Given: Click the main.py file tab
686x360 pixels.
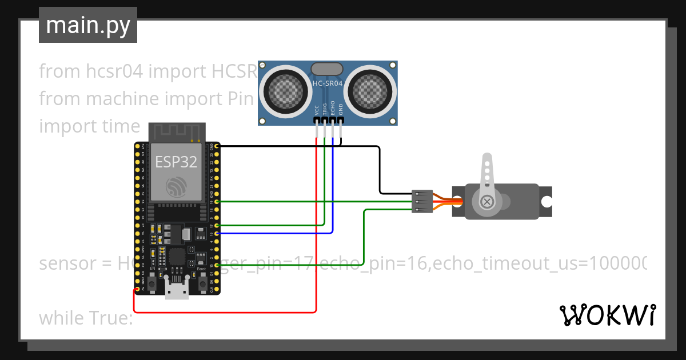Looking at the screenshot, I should coord(87,25).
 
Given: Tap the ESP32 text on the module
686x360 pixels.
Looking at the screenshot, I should coord(176,162).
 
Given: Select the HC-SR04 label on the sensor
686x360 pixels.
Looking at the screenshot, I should coord(328,83).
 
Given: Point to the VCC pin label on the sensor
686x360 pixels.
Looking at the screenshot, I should coord(316,110).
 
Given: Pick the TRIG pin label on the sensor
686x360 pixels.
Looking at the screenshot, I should coord(324,110).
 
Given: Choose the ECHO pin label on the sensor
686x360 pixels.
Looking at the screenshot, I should coord(333,110).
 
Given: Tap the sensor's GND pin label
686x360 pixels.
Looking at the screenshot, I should coord(341,110).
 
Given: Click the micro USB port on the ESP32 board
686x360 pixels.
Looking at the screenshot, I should coord(177,289).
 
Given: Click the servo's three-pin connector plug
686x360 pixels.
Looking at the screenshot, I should coord(422,202).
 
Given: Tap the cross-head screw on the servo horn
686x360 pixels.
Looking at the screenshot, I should coord(487,202).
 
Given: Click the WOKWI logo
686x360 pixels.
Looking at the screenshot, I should coord(607,315).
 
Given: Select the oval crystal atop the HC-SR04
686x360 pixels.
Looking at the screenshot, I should coord(328,69).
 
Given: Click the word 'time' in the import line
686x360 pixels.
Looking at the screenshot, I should coord(121,126).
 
